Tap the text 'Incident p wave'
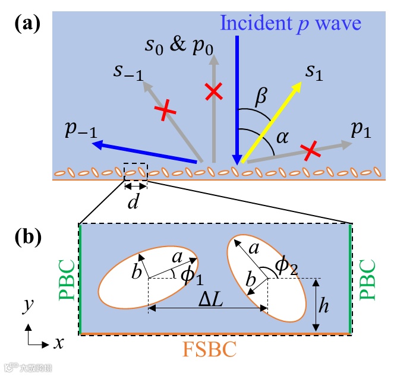298,24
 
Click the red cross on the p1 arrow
309,151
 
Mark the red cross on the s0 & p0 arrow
213,91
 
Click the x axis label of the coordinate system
58,343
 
